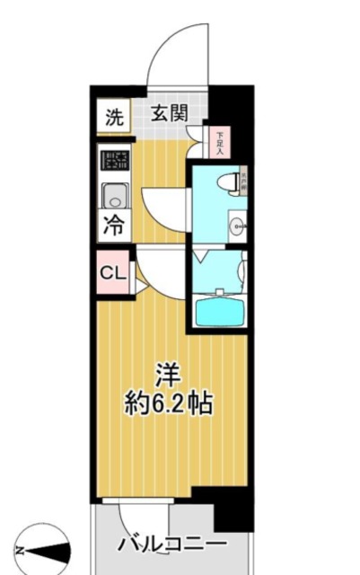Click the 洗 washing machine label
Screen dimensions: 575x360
pos(113,116)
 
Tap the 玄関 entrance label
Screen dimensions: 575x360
pos(168,114)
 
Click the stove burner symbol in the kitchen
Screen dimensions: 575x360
pos(114,163)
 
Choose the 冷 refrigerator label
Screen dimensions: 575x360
pos(114,226)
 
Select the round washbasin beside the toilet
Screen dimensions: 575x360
pos(237,224)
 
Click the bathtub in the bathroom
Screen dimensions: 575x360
pos(221,311)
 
